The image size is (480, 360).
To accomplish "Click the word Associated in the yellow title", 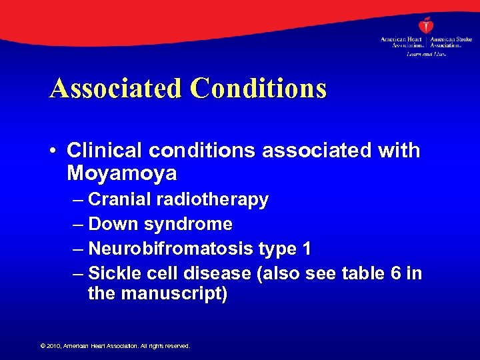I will (x=114, y=88).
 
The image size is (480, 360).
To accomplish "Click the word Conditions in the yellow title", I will (x=259, y=88).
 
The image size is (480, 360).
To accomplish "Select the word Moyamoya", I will (x=122, y=174).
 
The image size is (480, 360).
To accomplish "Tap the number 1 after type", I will (x=306, y=249).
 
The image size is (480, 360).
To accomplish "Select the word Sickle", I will (x=112, y=273).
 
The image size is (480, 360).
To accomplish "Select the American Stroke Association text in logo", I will (x=451, y=43).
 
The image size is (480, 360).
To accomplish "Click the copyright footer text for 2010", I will (x=115, y=346).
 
